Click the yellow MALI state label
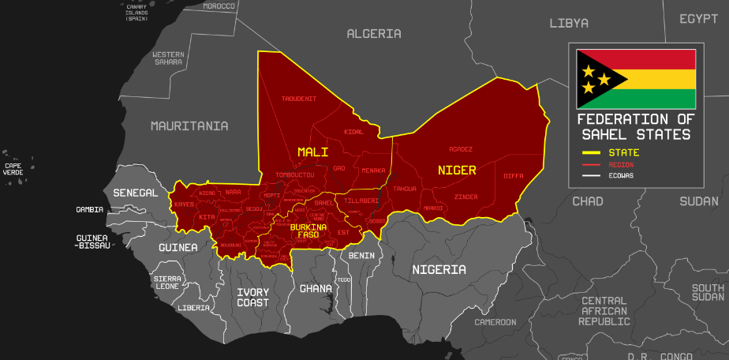pos(312,151)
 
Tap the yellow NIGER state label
pos(457,171)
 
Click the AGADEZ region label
pos(461,148)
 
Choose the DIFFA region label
pos(514,175)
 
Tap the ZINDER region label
pos(466,197)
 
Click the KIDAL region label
pos(353,132)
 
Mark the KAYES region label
pos(184,204)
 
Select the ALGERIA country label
pos(374,34)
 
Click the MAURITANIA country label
pos(189,126)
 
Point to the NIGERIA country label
pos(439,270)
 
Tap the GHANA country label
pos(316,288)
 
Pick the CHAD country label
pos(587,201)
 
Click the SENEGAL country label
pos(136,193)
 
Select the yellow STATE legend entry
pos(623,152)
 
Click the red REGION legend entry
pos(621,164)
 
